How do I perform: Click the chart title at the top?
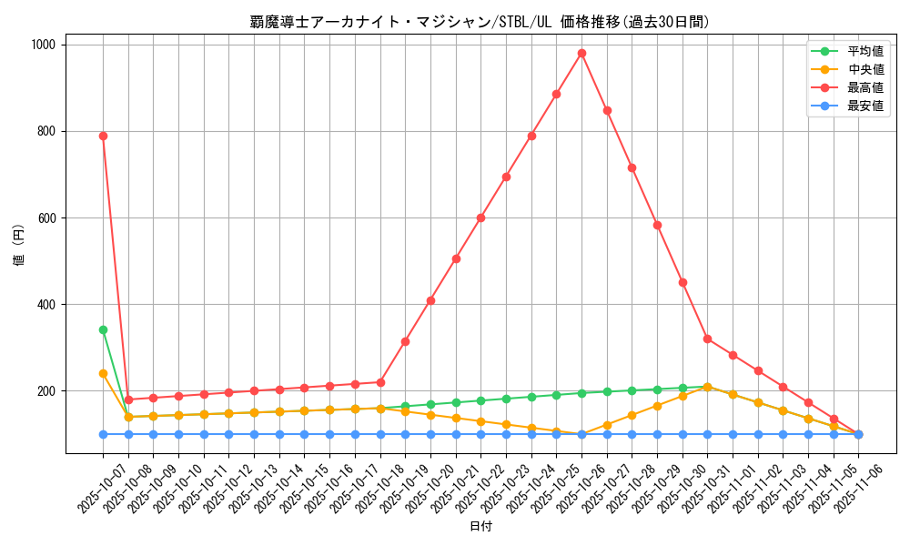pos(480,22)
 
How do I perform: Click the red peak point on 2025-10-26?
pos(581,53)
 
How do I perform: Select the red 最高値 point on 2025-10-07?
pos(103,136)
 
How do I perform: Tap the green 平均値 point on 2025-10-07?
pos(103,329)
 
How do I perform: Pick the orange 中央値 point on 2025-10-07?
pos(103,373)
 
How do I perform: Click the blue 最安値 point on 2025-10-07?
pos(103,434)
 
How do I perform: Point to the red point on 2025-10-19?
pos(405,341)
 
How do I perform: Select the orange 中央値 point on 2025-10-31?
pos(707,387)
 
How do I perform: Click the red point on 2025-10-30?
pos(682,282)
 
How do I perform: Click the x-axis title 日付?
pos(480,527)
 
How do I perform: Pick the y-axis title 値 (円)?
pos(19,246)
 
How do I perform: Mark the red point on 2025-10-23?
pos(506,177)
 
